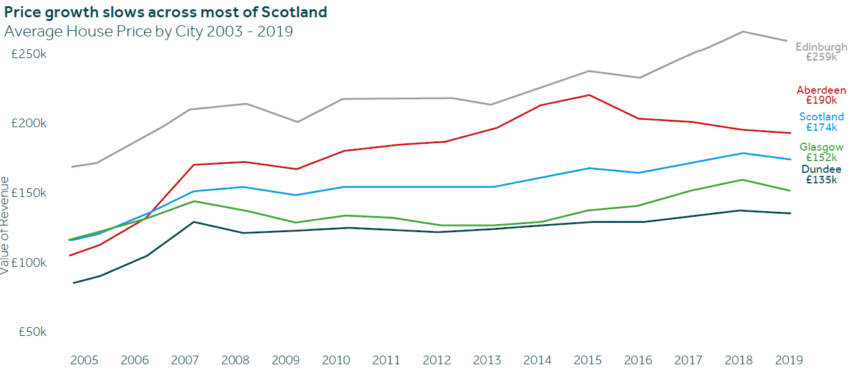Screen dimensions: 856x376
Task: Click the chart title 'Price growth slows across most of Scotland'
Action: tap(165, 12)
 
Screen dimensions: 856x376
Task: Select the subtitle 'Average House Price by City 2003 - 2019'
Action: tap(148, 31)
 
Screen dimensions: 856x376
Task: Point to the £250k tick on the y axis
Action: tap(29, 54)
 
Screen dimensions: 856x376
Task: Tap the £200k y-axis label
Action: tap(29, 123)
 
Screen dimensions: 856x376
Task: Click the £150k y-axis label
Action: tap(29, 193)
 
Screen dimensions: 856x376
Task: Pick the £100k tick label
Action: tap(29, 262)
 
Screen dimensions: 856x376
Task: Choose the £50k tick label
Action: tap(33, 332)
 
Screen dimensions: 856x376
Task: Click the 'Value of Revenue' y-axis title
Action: tap(4, 225)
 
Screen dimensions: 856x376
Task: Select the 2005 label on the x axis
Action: tap(84, 360)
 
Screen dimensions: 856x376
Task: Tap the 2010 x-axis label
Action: tap(336, 360)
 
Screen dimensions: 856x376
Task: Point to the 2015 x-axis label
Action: tap(588, 360)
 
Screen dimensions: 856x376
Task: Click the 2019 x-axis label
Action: tap(789, 360)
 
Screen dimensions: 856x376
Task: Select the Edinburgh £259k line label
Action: tap(821, 52)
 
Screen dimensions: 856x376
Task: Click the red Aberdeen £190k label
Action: tap(821, 95)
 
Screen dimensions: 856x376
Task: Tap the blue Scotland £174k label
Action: tap(821, 122)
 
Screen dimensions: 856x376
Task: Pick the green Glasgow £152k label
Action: tap(821, 152)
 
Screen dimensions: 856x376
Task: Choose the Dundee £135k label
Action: tap(821, 175)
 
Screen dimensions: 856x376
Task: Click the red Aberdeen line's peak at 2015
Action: tap(589, 95)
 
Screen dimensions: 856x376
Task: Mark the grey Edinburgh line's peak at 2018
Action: tap(742, 31)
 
